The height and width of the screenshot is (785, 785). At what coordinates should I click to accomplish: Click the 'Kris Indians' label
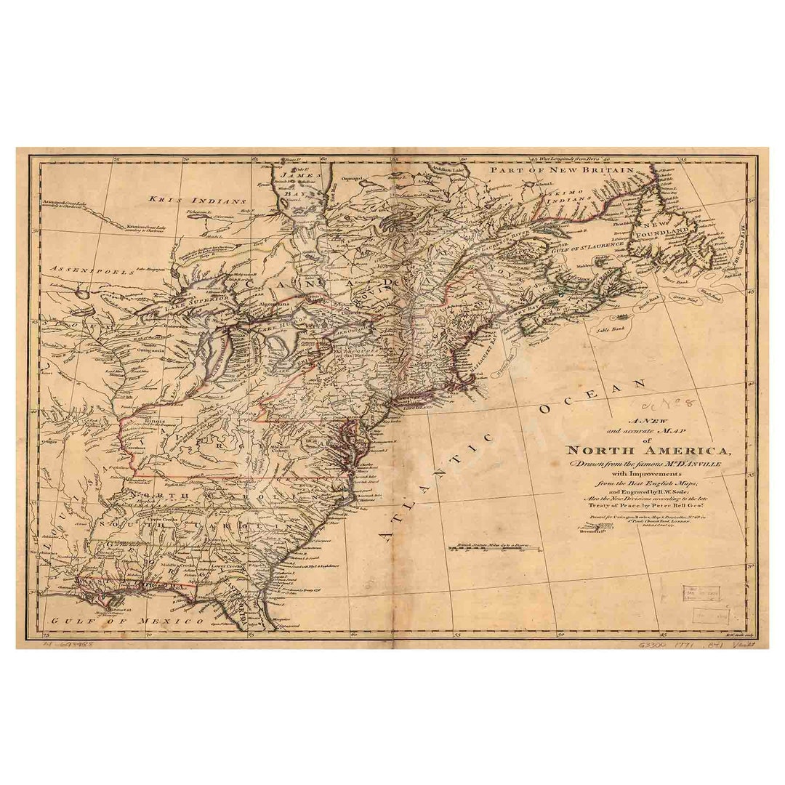[198, 199]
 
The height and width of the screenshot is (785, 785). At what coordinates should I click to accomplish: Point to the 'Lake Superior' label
[191, 302]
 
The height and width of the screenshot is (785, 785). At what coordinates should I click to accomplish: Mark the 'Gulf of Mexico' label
[127, 621]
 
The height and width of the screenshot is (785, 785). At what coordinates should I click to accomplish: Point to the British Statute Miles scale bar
[497, 547]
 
